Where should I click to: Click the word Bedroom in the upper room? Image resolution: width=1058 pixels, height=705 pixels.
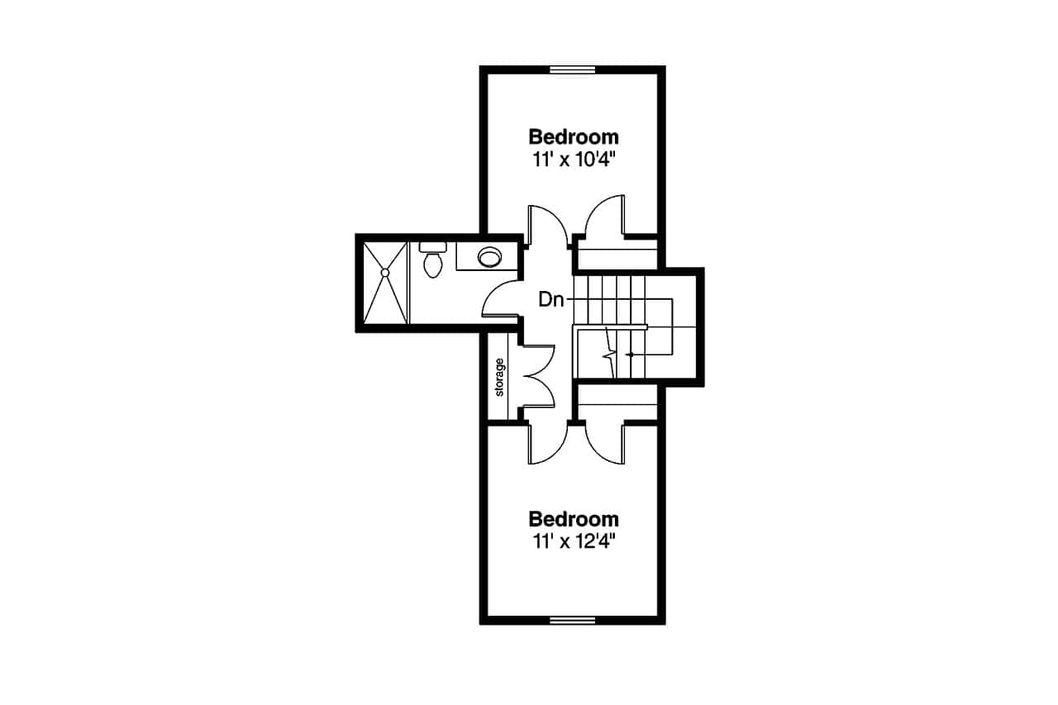click(x=574, y=136)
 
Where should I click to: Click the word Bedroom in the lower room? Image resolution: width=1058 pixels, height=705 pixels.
click(x=574, y=519)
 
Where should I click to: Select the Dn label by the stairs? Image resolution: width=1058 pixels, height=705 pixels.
click(x=550, y=299)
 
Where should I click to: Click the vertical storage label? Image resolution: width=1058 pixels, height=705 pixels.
click(x=499, y=377)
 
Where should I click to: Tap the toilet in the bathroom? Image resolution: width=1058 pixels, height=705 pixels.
click(x=432, y=264)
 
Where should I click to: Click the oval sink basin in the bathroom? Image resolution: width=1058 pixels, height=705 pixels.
click(x=489, y=257)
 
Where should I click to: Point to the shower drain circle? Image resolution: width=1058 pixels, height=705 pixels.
click(x=384, y=271)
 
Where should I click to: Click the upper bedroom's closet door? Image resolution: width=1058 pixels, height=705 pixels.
click(x=603, y=217)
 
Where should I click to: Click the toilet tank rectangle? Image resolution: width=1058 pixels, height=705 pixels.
click(x=432, y=245)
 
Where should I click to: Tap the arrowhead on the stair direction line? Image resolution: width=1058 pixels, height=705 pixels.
click(x=631, y=355)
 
